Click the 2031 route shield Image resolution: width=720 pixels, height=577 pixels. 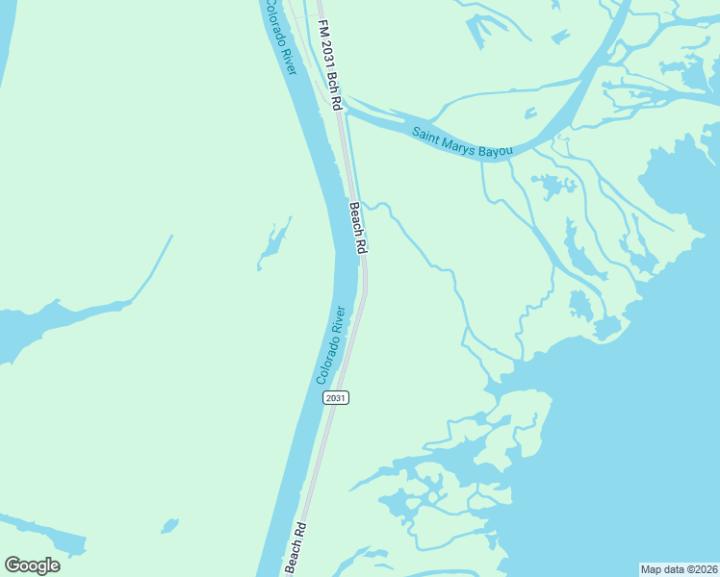(x=335, y=397)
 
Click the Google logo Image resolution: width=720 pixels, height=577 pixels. (x=32, y=565)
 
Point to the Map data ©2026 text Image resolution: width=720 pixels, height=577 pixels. (x=679, y=569)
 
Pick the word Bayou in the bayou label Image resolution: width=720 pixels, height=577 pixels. (x=499, y=150)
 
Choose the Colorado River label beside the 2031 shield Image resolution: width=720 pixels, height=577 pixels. (x=331, y=346)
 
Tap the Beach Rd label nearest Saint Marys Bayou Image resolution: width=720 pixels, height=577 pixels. (x=358, y=228)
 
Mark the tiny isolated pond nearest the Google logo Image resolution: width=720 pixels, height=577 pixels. (x=169, y=525)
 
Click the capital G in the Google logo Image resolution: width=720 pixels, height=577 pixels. (x=12, y=565)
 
